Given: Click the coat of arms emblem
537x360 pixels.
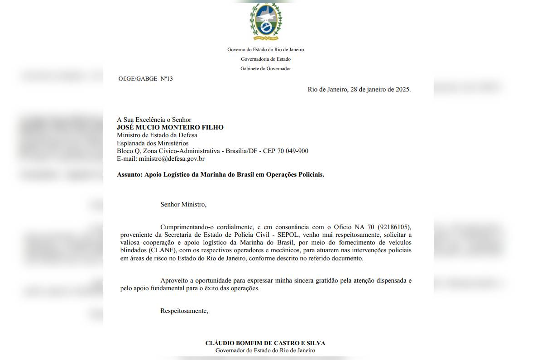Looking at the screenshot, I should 266,22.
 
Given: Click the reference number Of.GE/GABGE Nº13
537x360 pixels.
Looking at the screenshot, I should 145,79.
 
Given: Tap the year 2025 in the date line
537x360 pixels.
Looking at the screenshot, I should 403,89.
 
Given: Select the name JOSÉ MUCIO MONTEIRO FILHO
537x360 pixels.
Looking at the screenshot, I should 170,128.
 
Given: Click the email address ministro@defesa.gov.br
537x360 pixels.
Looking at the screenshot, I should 172,159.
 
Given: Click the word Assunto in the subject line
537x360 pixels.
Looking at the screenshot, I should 129,174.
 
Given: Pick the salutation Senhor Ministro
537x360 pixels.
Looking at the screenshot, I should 183,204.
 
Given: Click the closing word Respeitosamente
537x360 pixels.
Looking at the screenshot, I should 184,311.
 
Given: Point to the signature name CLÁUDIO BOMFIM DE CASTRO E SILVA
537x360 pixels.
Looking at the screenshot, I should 265,343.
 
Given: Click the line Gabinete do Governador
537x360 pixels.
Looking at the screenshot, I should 266,69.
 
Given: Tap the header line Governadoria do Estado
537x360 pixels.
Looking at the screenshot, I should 266,59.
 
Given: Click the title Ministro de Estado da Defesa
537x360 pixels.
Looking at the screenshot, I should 157,135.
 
